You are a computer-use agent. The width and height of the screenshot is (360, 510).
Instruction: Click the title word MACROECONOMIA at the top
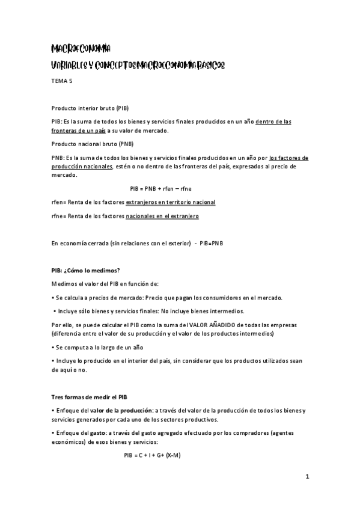(80, 48)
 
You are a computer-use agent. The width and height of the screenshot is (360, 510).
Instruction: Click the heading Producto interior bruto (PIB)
(90, 108)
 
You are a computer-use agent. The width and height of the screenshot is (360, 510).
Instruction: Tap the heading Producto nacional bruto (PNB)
(92, 144)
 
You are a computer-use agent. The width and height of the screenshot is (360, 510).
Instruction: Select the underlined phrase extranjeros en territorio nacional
(170, 202)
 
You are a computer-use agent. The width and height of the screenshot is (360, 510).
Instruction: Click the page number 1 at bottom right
(307, 478)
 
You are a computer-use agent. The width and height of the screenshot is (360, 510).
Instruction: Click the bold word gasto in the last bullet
(96, 432)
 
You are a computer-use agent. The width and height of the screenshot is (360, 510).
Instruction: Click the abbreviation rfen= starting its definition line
(59, 202)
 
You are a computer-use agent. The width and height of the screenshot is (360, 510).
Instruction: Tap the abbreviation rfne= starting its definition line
(59, 216)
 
